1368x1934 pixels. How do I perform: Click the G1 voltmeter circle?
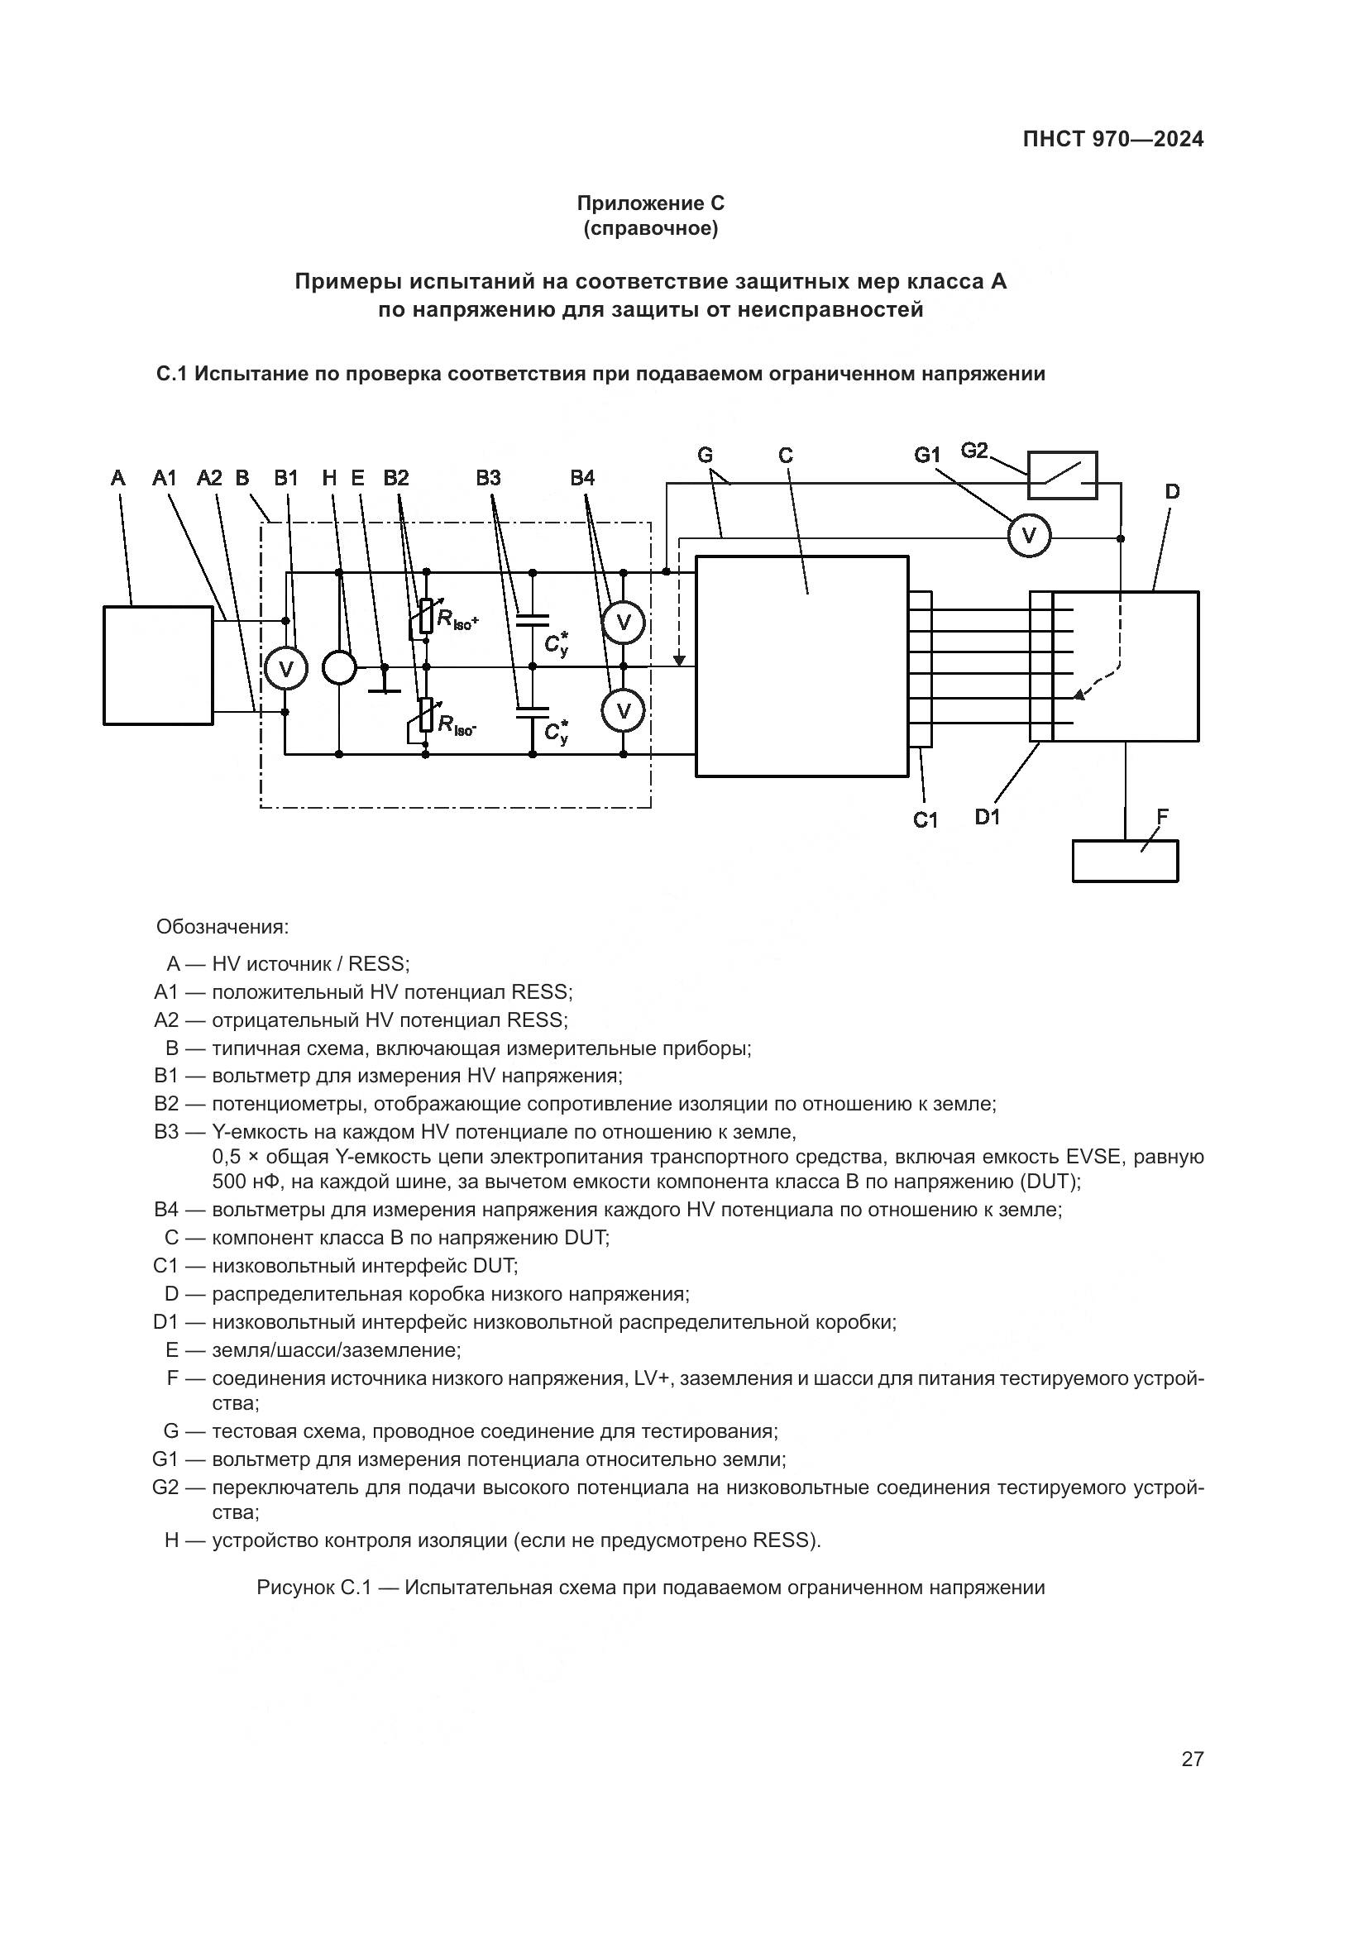point(1029,535)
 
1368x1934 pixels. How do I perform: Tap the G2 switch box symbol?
point(1061,475)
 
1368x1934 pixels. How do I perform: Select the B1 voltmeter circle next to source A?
point(285,668)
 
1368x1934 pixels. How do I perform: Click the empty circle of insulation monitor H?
point(339,668)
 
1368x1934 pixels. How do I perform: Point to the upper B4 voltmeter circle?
point(624,623)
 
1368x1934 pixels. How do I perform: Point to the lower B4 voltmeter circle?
point(624,711)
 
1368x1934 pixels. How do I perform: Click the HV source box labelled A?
point(157,665)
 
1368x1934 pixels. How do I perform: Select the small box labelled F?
point(1125,861)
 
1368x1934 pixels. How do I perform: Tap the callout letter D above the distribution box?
point(1173,492)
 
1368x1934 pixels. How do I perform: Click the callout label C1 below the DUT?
point(926,819)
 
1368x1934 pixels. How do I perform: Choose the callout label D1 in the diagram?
point(988,816)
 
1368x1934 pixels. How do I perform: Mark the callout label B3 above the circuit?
point(488,479)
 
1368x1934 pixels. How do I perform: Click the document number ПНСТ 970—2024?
point(1112,140)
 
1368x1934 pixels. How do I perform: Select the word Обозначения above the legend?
point(222,928)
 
